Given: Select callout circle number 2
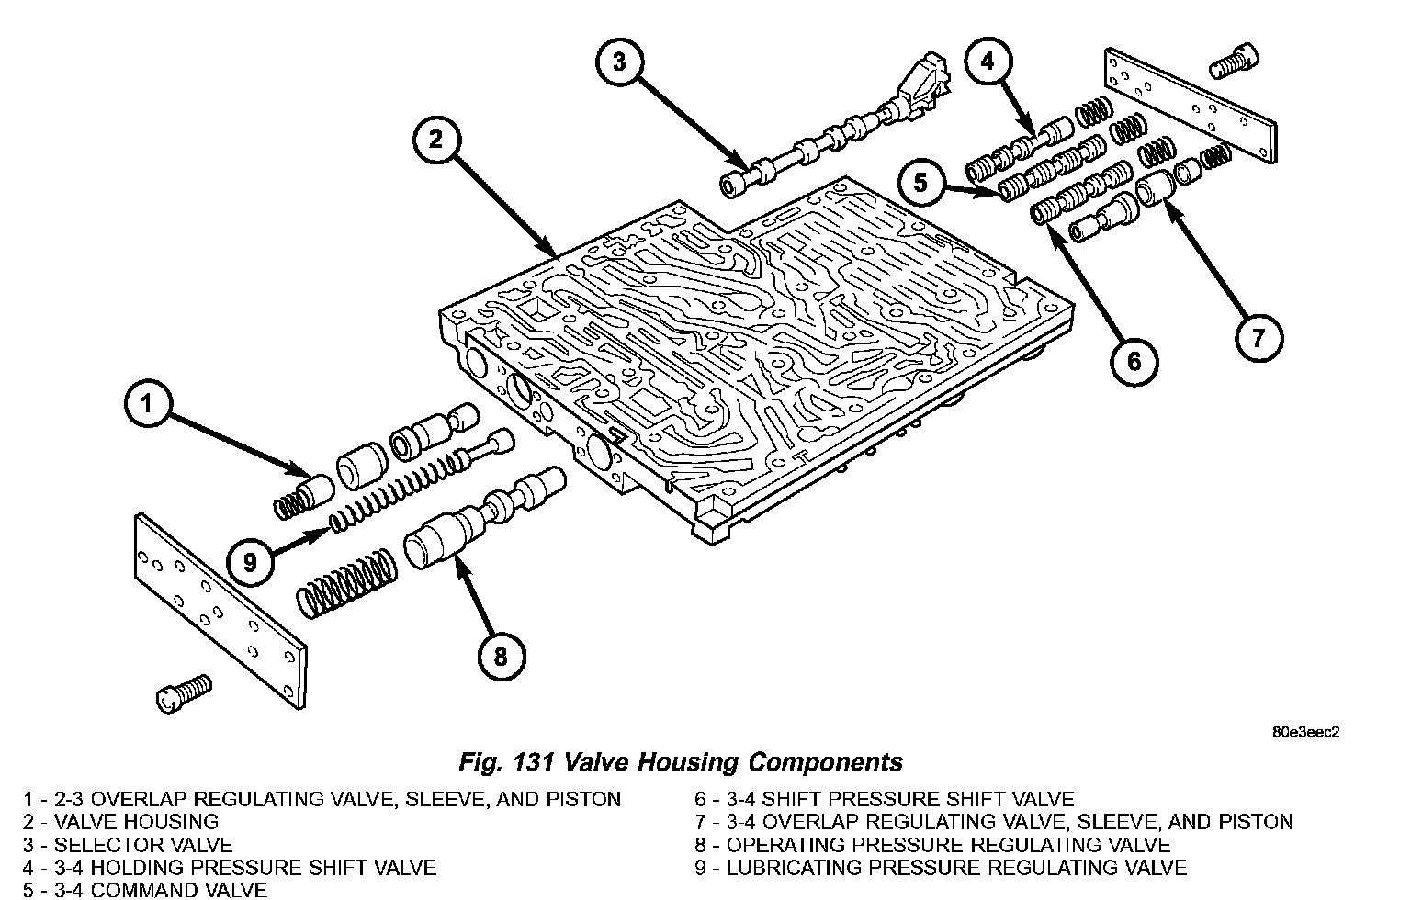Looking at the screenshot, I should [x=436, y=141].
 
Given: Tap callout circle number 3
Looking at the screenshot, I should [x=619, y=62].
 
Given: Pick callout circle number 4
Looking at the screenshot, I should [x=988, y=62].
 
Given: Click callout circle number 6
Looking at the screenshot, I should [x=1134, y=361].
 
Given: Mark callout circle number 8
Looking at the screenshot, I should [x=501, y=657].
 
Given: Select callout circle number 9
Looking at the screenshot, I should [x=250, y=560].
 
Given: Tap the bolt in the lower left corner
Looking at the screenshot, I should [x=184, y=693].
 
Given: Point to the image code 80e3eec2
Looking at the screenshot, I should [x=1305, y=732].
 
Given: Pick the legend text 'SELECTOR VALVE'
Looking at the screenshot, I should [x=142, y=845].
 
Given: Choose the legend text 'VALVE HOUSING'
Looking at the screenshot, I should [x=136, y=822].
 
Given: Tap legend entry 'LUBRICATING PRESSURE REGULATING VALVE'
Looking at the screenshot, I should [x=955, y=868].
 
